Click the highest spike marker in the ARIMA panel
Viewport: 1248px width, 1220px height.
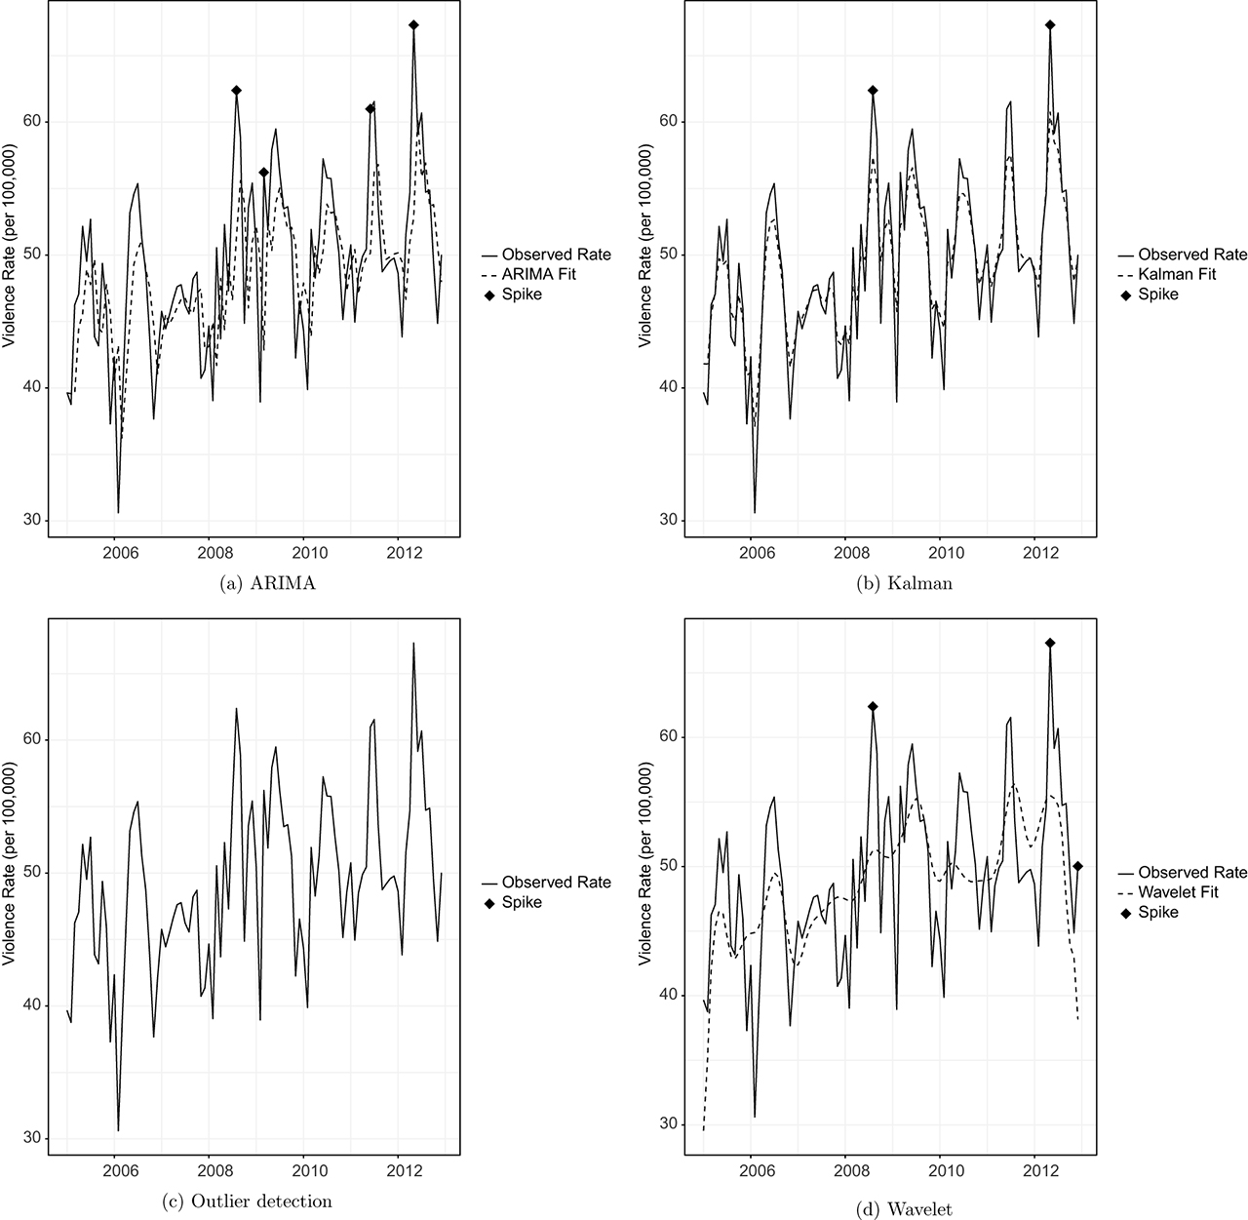pyautogui.click(x=413, y=24)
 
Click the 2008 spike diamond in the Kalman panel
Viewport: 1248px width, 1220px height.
pyautogui.click(x=873, y=90)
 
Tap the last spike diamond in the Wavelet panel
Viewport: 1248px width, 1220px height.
pyautogui.click(x=1077, y=866)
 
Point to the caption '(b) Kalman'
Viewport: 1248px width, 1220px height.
pyautogui.click(x=890, y=583)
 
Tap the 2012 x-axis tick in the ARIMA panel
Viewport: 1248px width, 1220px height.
pyautogui.click(x=400, y=552)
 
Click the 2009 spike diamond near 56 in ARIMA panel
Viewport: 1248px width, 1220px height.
pyautogui.click(x=263, y=172)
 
